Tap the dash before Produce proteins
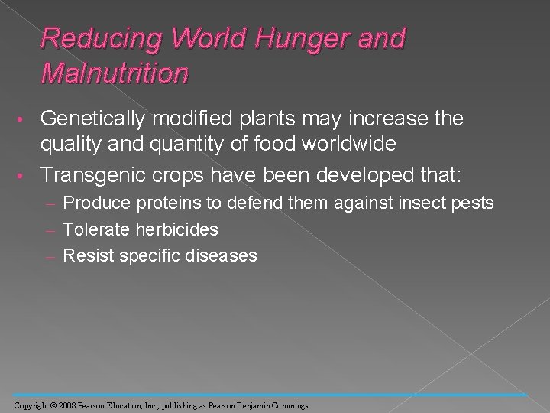[x=55, y=204]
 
